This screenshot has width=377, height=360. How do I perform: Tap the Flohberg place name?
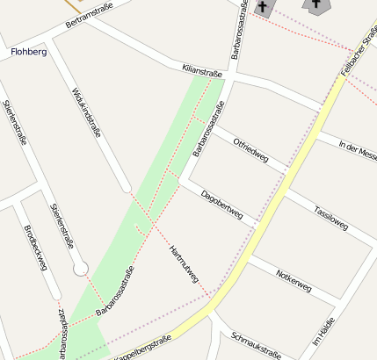(28, 52)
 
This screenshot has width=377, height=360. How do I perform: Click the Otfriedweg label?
(250, 149)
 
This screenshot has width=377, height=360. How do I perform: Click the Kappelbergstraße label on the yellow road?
(141, 349)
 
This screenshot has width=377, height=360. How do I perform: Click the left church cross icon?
(263, 7)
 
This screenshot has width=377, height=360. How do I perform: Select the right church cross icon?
(315, 4)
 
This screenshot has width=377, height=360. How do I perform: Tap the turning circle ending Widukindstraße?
(127, 188)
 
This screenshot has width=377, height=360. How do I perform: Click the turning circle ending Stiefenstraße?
(81, 269)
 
